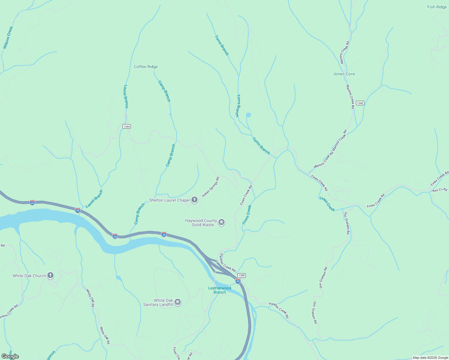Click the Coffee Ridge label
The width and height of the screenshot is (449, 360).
click(x=146, y=67)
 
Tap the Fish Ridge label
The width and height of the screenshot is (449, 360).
click(x=437, y=7)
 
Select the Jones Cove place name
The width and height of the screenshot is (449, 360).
click(x=344, y=74)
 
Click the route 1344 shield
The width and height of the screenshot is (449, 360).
click(x=127, y=127)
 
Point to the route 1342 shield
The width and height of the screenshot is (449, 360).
click(x=360, y=103)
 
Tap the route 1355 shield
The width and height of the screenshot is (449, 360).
click(x=241, y=275)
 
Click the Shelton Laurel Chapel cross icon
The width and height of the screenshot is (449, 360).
click(x=194, y=200)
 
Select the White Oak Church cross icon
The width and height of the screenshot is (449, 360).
click(x=50, y=275)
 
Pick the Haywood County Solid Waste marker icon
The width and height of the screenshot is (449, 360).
click(x=221, y=222)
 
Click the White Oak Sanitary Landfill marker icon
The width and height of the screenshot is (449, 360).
click(x=178, y=302)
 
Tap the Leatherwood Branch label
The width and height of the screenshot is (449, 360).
click(x=220, y=290)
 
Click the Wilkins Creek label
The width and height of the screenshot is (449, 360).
click(x=8, y=37)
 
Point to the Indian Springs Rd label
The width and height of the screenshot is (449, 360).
click(x=211, y=187)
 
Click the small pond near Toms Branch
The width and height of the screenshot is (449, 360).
click(x=248, y=115)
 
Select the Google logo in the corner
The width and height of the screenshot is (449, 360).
click(x=10, y=356)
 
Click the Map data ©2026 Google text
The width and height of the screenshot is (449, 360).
click(x=430, y=358)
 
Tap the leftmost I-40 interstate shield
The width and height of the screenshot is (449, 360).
click(x=32, y=202)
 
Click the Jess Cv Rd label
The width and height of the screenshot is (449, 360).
click(x=439, y=190)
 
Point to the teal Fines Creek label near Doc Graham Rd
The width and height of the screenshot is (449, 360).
click(x=327, y=204)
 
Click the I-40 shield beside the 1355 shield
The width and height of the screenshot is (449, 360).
click(x=238, y=281)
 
